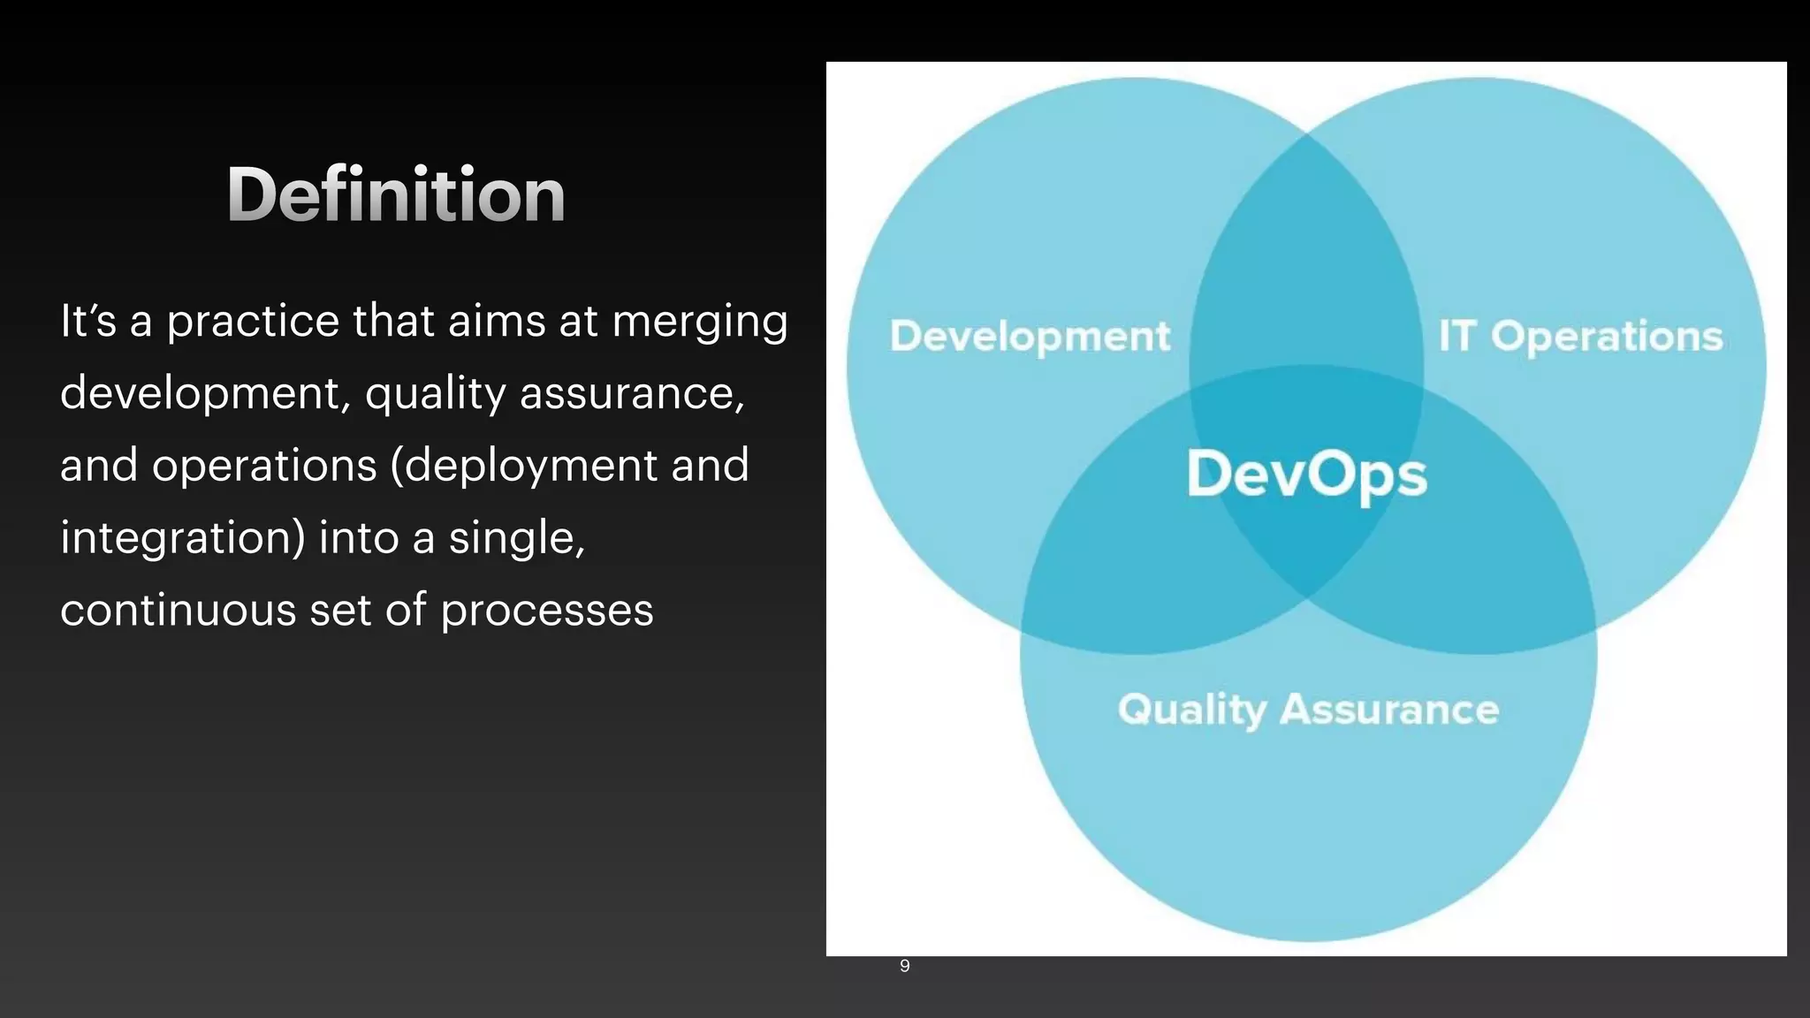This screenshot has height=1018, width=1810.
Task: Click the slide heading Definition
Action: tap(395, 195)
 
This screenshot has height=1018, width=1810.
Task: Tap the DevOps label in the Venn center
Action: tap(1306, 475)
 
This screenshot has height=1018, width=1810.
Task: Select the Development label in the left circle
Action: tap(1030, 337)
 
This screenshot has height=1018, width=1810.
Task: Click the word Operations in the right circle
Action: tap(1607, 337)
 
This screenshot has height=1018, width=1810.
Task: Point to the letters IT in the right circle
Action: tap(1457, 336)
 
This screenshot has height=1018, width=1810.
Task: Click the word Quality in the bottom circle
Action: tap(1191, 710)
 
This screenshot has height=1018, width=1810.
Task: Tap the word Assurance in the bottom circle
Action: tap(1389, 710)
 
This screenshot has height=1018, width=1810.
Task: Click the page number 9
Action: tap(904, 966)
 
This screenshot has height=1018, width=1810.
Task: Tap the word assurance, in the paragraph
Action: tap(632, 394)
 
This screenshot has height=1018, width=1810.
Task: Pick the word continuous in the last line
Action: tap(178, 611)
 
